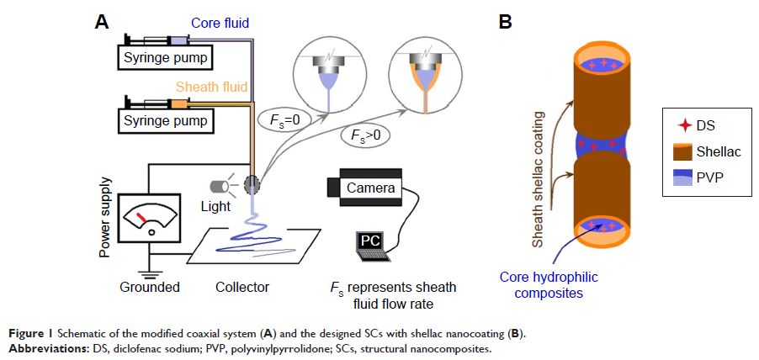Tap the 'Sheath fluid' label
(x=213, y=87)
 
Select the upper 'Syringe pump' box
(x=164, y=58)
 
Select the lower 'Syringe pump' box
(x=164, y=122)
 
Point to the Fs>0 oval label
(x=364, y=135)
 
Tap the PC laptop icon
(x=370, y=243)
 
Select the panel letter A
(x=101, y=23)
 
